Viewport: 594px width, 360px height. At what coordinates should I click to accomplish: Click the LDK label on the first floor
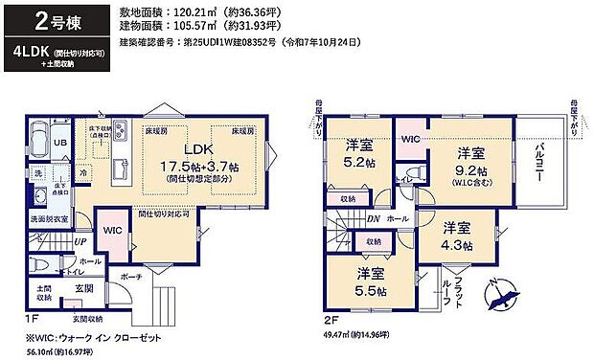[x=198, y=150]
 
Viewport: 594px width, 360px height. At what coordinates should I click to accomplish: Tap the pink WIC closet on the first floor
[x=111, y=231]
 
